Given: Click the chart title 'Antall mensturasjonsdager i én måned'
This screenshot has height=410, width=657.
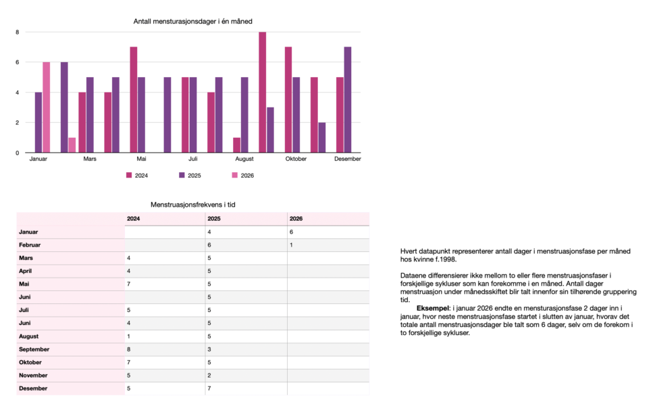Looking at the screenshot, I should pyautogui.click(x=193, y=22).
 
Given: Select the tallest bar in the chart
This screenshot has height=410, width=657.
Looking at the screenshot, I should pyautogui.click(x=262, y=92).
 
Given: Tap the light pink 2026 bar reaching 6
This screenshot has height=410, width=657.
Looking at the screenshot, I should pyautogui.click(x=46, y=107).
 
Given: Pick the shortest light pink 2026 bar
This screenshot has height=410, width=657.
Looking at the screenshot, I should pyautogui.click(x=72, y=145).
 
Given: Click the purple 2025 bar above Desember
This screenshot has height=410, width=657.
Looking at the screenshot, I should pyautogui.click(x=347, y=99).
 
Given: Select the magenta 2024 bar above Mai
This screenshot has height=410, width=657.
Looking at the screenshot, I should pyautogui.click(x=134, y=99).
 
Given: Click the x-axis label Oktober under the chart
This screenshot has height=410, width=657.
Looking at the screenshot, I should pyautogui.click(x=296, y=159).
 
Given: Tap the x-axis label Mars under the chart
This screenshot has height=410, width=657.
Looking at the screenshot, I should pyautogui.click(x=90, y=159).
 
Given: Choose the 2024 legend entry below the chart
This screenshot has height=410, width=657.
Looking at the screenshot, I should pyautogui.click(x=137, y=176).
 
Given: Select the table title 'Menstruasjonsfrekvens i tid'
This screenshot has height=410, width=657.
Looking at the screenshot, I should pyautogui.click(x=192, y=204).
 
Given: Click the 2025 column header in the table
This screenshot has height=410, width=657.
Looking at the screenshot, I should pyautogui.click(x=214, y=219).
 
